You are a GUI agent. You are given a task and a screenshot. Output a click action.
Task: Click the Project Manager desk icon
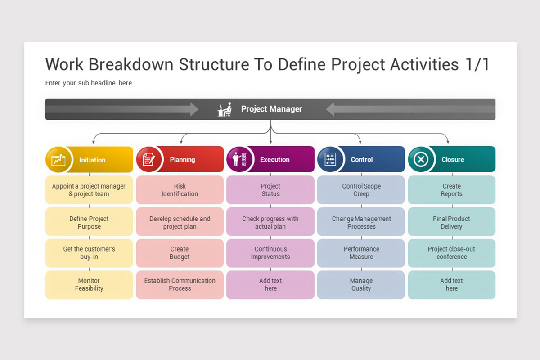click(x=225, y=109)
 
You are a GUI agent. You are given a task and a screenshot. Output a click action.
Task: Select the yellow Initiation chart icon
click(x=58, y=160)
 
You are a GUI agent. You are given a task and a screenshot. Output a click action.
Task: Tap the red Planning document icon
click(x=149, y=160)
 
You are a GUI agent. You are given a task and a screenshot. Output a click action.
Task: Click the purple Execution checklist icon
click(x=238, y=159)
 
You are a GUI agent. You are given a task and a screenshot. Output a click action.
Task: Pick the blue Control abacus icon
click(x=330, y=159)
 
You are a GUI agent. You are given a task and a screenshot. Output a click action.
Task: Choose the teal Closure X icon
click(x=421, y=159)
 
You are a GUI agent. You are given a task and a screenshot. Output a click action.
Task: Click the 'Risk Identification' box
click(x=180, y=190)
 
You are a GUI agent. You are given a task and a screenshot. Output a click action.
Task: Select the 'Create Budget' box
click(x=180, y=253)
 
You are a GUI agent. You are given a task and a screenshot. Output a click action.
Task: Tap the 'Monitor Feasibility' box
click(x=89, y=284)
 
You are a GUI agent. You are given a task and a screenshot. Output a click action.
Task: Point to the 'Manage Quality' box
click(x=361, y=284)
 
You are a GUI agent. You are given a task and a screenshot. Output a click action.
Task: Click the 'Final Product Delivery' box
click(x=451, y=223)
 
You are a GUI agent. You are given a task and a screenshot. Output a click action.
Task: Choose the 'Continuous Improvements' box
click(x=270, y=253)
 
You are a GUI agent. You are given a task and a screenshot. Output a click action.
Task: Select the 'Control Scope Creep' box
click(x=361, y=190)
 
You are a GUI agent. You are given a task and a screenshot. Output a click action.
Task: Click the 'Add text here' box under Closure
click(x=451, y=284)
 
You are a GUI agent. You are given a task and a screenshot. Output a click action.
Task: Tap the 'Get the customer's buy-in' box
click(x=89, y=253)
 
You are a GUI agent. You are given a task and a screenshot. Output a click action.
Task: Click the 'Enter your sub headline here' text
click(x=89, y=83)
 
